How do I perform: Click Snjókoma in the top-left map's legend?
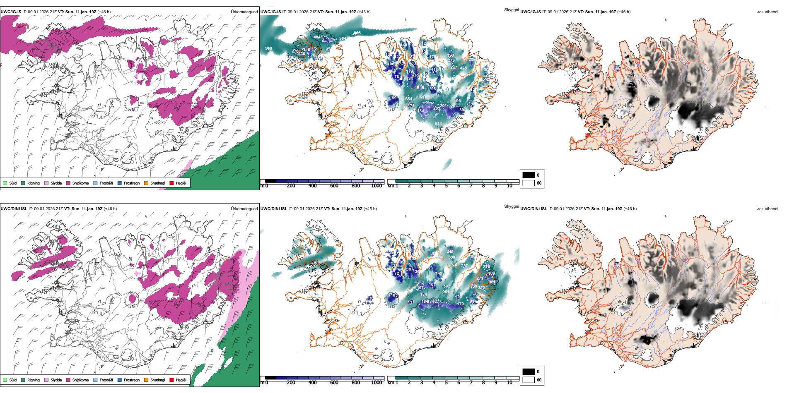coord(80,183)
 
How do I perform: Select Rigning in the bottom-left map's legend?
coord(34,380)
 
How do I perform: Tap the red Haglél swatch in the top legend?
coord(171,183)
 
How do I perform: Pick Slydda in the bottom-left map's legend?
coord(56,380)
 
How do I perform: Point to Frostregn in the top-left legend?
coord(131,183)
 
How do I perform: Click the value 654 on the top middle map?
coord(408,99)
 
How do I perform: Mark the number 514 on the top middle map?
coord(438,124)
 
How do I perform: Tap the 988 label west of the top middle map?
coord(268,49)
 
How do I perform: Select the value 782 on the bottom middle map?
coord(453,264)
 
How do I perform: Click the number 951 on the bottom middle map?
coord(446,292)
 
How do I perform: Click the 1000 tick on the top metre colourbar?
coord(377,186)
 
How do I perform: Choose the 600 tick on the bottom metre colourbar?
coord(334,383)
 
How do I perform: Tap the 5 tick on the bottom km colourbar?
coord(446,383)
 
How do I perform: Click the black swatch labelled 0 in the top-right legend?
coord(529,175)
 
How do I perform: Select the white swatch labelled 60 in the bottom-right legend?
coord(529,380)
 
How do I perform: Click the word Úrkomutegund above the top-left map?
coord(244,12)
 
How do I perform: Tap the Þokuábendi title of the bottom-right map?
coord(767,209)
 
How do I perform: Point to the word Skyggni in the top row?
coord(511,10)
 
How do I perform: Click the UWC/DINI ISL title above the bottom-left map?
coord(14,209)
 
